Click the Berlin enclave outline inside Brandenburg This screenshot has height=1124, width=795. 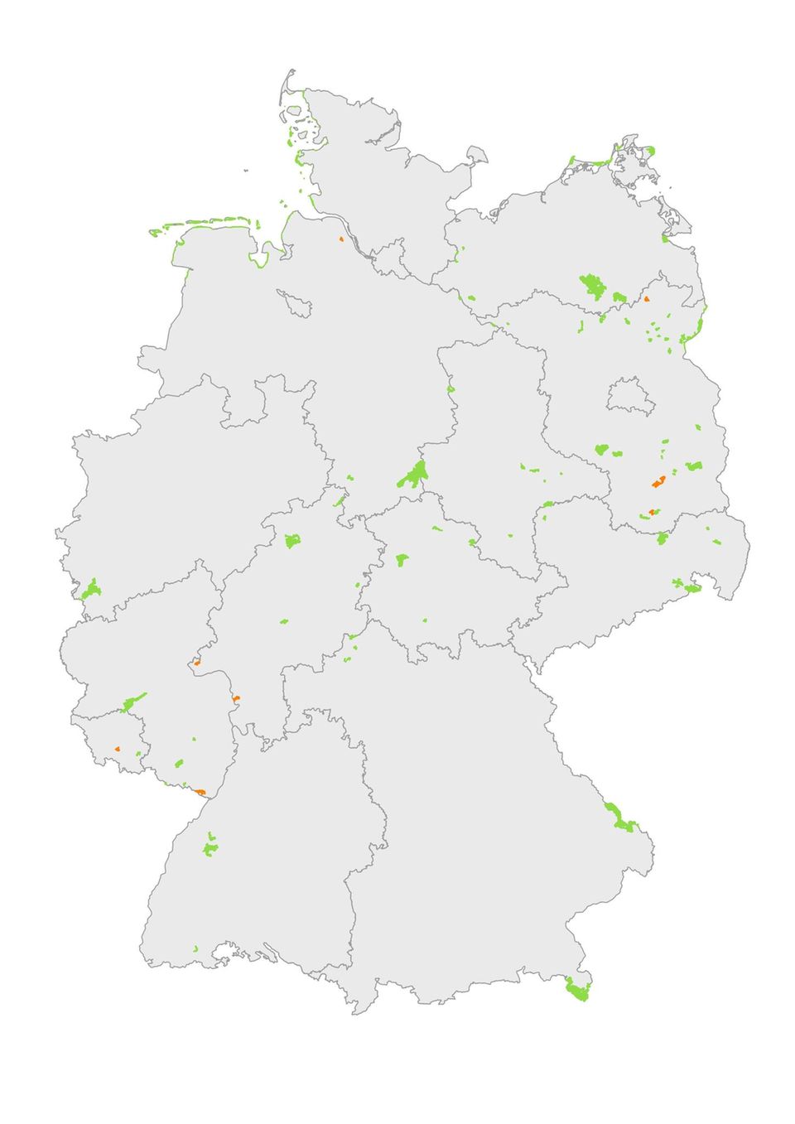point(631,398)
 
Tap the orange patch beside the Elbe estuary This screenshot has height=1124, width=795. point(340,239)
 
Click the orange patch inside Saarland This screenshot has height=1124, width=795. point(118,749)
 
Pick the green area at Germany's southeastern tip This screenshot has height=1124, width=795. point(576,989)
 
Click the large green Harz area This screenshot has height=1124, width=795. point(412,475)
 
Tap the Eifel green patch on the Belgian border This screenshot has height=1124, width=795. point(90,591)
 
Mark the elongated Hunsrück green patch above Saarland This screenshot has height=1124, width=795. point(132,703)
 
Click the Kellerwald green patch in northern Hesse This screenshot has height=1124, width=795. point(291,541)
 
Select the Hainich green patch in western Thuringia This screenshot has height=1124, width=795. point(403,560)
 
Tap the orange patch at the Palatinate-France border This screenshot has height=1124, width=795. point(200,791)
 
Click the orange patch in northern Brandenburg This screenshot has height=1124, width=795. point(647,299)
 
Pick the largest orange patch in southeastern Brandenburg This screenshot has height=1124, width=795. point(659,481)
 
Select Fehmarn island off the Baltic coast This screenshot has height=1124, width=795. point(477,154)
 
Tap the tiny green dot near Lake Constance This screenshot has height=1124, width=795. point(195,948)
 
